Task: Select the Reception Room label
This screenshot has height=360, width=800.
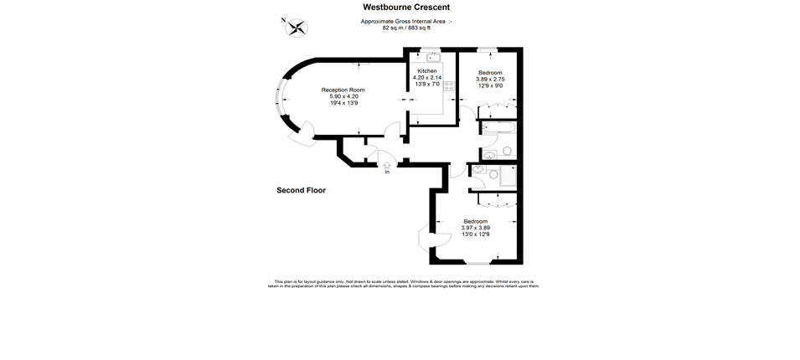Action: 343,90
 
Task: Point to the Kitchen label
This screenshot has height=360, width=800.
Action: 428,71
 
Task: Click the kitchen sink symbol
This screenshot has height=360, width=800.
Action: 433,57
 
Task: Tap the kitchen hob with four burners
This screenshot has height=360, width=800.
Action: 448,86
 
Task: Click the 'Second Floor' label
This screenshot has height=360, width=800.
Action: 301,190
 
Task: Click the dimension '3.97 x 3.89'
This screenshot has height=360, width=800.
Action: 475,228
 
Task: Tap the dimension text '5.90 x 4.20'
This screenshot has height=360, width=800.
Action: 343,95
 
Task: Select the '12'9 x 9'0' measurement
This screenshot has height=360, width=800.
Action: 490,85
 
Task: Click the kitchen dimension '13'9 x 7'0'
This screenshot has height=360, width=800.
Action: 428,84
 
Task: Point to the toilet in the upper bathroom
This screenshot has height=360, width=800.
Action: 507,152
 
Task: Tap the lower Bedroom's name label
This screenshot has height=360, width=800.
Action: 475,221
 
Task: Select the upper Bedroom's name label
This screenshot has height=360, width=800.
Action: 490,72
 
